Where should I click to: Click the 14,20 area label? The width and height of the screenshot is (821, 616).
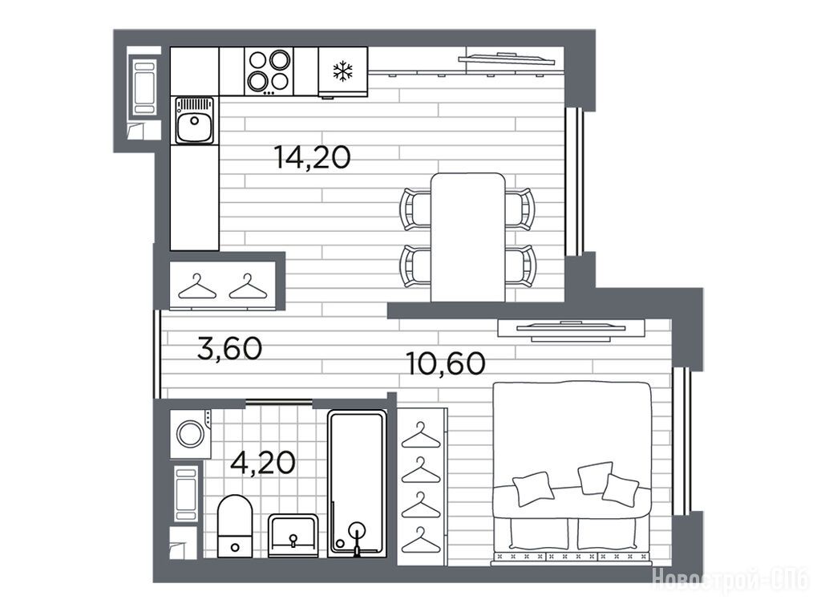click(313, 157)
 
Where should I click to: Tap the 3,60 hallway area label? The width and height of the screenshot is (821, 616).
click(230, 348)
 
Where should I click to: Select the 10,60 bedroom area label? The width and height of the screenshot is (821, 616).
click(446, 363)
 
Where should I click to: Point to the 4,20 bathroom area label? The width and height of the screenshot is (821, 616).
click(263, 462)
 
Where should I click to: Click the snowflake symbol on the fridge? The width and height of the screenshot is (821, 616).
click(343, 71)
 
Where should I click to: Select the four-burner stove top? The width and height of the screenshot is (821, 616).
click(269, 71)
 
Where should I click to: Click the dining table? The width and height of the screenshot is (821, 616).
click(468, 237)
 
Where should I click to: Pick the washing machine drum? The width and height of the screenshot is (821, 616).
click(190, 433)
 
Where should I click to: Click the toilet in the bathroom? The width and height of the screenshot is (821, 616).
click(235, 526)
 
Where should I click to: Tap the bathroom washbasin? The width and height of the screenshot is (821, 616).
click(293, 535)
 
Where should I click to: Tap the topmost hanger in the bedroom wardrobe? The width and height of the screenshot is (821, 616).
click(421, 435)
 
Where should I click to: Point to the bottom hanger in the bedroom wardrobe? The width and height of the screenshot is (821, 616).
click(421, 540)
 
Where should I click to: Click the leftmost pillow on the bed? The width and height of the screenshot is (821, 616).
click(533, 488)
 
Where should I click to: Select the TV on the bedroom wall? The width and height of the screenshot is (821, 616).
click(571, 328)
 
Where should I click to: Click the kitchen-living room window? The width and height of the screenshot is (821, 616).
click(574, 182)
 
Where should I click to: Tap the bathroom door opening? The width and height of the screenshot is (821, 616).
click(279, 403)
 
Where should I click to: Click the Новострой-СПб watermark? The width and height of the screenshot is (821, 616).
click(730, 579)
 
